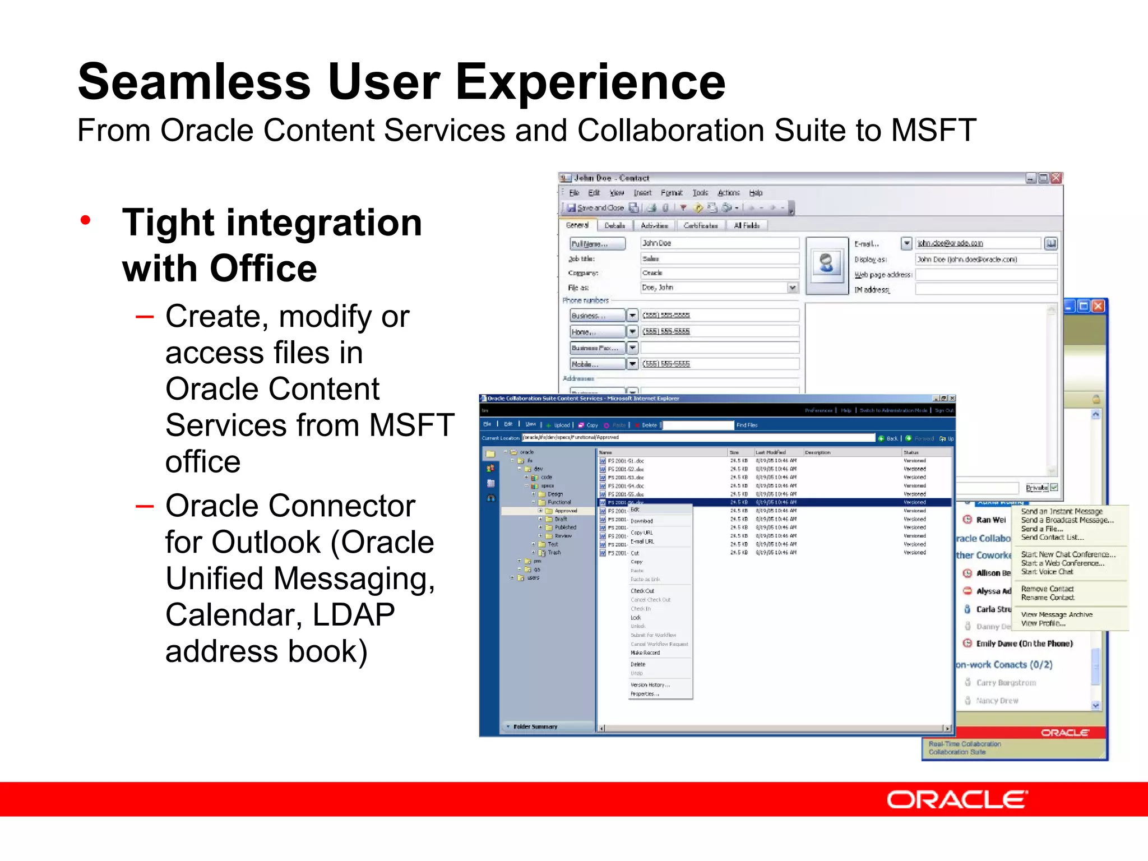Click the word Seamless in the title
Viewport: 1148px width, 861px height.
coord(193,82)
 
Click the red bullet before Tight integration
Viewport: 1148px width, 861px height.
coord(85,220)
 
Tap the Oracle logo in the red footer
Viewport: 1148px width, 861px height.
coord(957,799)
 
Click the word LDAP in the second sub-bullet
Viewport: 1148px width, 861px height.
coord(353,615)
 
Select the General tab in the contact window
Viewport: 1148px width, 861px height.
coord(577,225)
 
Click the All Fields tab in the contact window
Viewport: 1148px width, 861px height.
coord(747,225)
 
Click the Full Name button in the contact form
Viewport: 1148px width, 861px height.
coord(597,244)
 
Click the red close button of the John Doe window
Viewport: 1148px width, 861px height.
coord(1056,178)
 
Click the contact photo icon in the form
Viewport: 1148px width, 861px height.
coord(827,264)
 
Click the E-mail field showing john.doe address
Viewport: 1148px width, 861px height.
coord(978,243)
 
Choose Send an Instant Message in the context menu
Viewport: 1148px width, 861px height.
coord(1061,511)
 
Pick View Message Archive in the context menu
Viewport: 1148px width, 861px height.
coord(1056,614)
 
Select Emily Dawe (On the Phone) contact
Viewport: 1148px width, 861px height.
coord(1024,644)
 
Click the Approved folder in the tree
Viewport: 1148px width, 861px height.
coord(566,511)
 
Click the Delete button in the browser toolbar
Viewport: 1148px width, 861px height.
coord(649,425)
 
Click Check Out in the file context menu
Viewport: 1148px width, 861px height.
coord(642,591)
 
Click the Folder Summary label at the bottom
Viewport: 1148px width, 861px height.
coord(535,726)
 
